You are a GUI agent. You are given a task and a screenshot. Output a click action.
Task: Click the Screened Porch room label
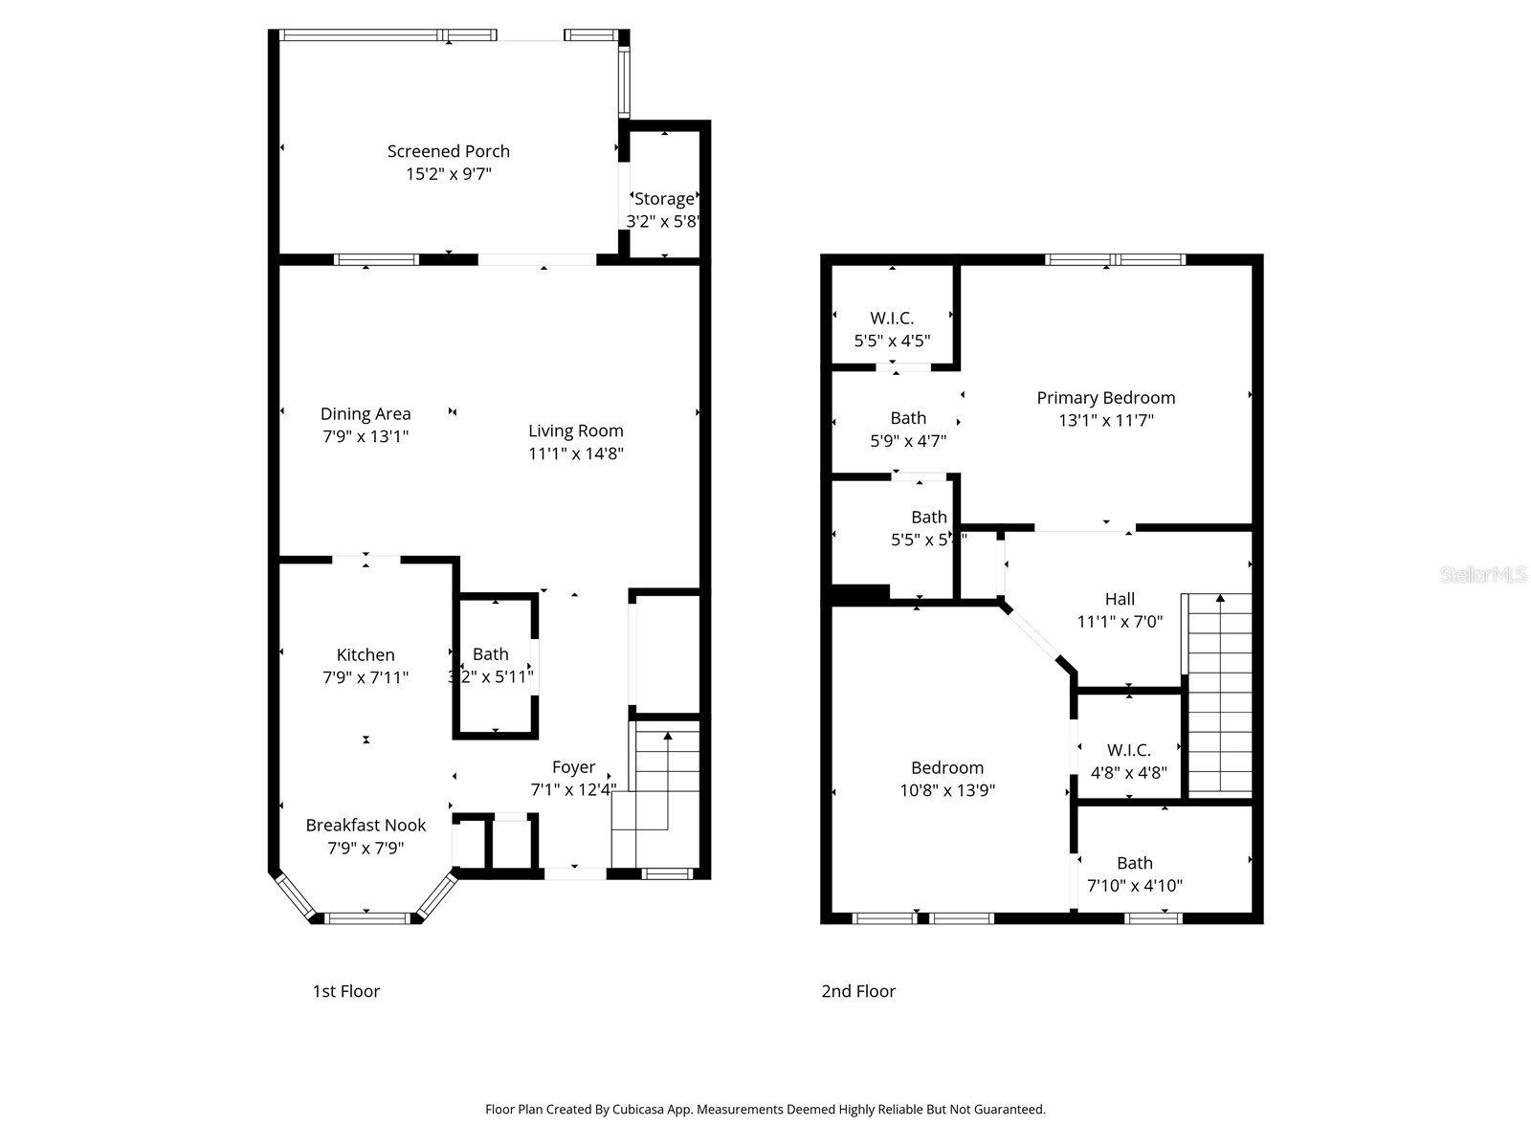pos(448,151)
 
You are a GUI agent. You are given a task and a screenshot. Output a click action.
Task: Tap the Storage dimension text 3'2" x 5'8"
pos(664,221)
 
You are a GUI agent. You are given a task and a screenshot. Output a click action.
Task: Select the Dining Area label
pos(366,413)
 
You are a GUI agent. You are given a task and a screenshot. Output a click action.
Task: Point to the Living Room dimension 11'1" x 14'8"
pos(576,453)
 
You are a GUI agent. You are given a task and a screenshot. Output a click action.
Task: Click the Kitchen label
pos(366,654)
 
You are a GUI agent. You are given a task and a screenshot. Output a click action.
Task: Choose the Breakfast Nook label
pos(366,825)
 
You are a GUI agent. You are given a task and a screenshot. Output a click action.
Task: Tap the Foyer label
pos(573,766)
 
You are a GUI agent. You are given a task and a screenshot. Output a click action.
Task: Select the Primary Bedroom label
pos(1105,397)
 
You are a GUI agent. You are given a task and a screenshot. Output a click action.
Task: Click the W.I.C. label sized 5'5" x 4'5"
pos(892,318)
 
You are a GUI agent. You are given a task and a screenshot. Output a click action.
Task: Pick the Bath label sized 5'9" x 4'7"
pos(908,417)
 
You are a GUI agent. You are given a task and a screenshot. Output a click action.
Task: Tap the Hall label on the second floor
pos(1120,599)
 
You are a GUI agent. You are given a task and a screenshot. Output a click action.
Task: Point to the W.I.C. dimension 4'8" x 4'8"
pos(1129,773)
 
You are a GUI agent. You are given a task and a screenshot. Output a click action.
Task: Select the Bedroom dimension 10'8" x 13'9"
pos(947,790)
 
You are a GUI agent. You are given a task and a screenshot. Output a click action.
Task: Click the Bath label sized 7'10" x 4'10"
pos(1135,862)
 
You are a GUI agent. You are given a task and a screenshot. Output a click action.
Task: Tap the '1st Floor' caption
pos(346,991)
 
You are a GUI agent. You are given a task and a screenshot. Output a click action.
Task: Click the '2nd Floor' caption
pos(858,991)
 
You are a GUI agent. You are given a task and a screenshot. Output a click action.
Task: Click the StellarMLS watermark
pos(1483,575)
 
